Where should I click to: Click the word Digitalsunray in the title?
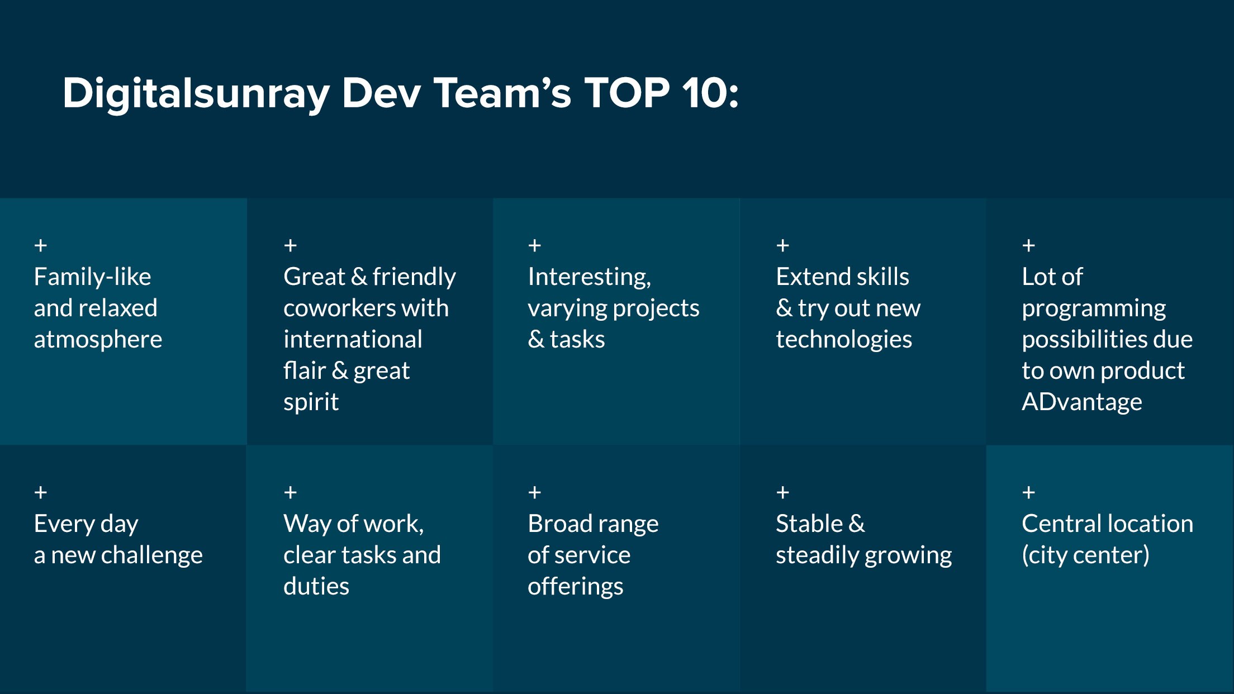click(196, 93)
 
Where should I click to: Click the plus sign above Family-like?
click(40, 245)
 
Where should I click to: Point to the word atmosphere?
click(98, 340)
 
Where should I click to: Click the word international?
click(353, 339)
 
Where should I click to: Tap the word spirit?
click(311, 402)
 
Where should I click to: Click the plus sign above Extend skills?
click(782, 245)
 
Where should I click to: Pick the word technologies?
click(844, 340)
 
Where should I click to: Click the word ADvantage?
click(1082, 402)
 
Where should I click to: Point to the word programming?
click(1094, 308)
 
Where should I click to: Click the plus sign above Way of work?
click(290, 492)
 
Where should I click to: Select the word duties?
click(316, 587)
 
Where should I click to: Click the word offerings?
click(576, 587)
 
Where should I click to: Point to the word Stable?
click(809, 524)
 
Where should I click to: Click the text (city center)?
click(1085, 555)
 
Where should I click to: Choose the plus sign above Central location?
click(1028, 492)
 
